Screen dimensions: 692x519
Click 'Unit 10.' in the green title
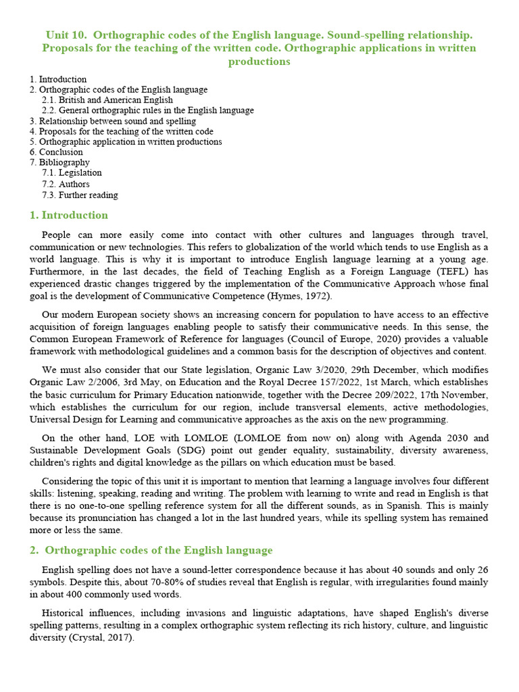coord(66,34)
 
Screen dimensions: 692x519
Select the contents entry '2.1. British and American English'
coord(107,100)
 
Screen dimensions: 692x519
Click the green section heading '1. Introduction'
coord(68,216)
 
